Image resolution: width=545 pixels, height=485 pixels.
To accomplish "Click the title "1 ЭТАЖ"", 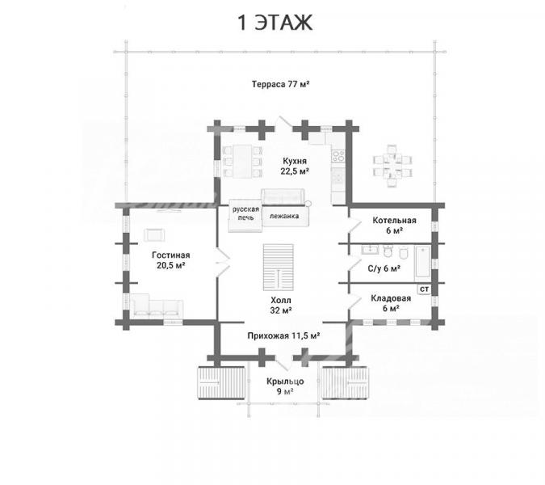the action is (x=275, y=23).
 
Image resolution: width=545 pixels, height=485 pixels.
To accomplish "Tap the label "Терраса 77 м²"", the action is (x=281, y=84).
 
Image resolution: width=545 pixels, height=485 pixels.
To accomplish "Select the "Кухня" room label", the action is (x=295, y=161).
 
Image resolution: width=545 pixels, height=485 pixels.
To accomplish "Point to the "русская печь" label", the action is (x=245, y=213).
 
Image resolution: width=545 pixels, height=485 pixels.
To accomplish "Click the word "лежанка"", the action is (x=284, y=216).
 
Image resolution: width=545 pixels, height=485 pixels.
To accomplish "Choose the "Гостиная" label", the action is (x=170, y=255).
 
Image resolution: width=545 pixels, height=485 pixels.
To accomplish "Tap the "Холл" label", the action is (x=281, y=300).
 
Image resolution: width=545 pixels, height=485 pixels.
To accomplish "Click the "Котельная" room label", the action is (x=394, y=220).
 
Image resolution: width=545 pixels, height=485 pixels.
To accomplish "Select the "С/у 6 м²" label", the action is (x=384, y=268).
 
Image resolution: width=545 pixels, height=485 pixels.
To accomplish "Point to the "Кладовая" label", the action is (x=391, y=298).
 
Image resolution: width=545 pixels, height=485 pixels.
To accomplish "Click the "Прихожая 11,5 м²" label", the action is (x=283, y=335).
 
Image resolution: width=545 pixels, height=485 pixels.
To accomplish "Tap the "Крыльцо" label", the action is (x=285, y=382).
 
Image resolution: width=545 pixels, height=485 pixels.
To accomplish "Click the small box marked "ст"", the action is (x=425, y=289).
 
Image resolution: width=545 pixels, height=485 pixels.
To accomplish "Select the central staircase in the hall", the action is (x=278, y=268).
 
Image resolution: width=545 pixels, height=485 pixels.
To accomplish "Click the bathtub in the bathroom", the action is (x=422, y=263).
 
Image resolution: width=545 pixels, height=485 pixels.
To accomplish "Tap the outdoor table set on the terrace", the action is (x=392, y=167).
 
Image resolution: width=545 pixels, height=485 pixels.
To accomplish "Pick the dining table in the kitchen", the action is (x=242, y=162).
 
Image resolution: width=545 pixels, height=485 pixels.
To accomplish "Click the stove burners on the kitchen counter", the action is (x=338, y=156).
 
